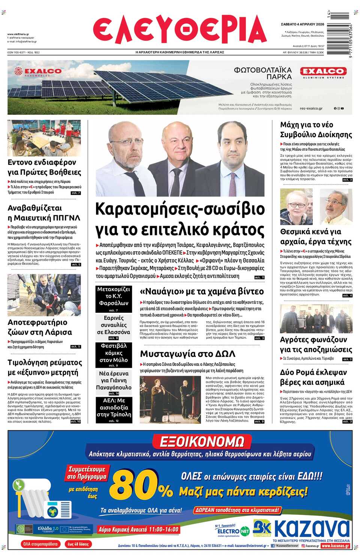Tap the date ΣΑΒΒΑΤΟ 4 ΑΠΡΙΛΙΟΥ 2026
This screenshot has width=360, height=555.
(x=302, y=24)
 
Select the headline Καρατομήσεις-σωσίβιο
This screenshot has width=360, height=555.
(x=180, y=209)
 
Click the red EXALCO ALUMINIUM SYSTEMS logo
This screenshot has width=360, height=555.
(x=323, y=72)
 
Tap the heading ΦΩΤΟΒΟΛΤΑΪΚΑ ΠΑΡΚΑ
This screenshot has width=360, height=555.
(x=263, y=73)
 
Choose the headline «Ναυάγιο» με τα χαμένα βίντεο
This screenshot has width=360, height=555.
(x=202, y=291)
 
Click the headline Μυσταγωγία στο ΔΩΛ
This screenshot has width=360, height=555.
(x=187, y=354)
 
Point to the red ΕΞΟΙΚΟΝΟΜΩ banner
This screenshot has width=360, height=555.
(x=202, y=441)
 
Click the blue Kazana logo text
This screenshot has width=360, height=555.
(x=312, y=529)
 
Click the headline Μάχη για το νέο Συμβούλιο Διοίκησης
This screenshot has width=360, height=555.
(x=316, y=130)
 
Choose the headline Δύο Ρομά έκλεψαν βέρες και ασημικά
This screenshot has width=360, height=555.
(x=313, y=377)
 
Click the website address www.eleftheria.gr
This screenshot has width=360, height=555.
(x=18, y=34)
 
